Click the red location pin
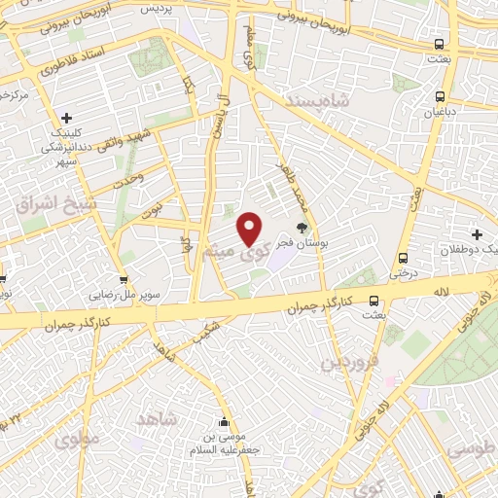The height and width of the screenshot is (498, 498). point(250,229)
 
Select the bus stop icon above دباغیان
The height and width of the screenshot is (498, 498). point(442,96)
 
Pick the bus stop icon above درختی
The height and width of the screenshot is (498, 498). point(404,259)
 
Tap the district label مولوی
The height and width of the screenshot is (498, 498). point(77,439)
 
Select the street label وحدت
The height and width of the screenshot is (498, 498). point(128,178)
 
